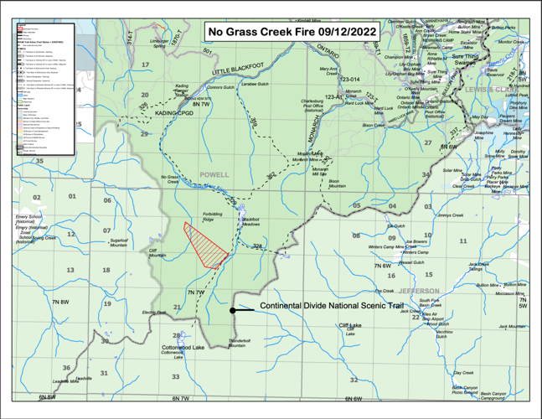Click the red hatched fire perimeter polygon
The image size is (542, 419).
[x=204, y=242]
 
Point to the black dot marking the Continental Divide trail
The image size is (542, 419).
[x=233, y=310]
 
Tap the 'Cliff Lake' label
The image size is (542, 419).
[x=349, y=325]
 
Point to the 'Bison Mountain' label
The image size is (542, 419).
[x=337, y=183]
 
